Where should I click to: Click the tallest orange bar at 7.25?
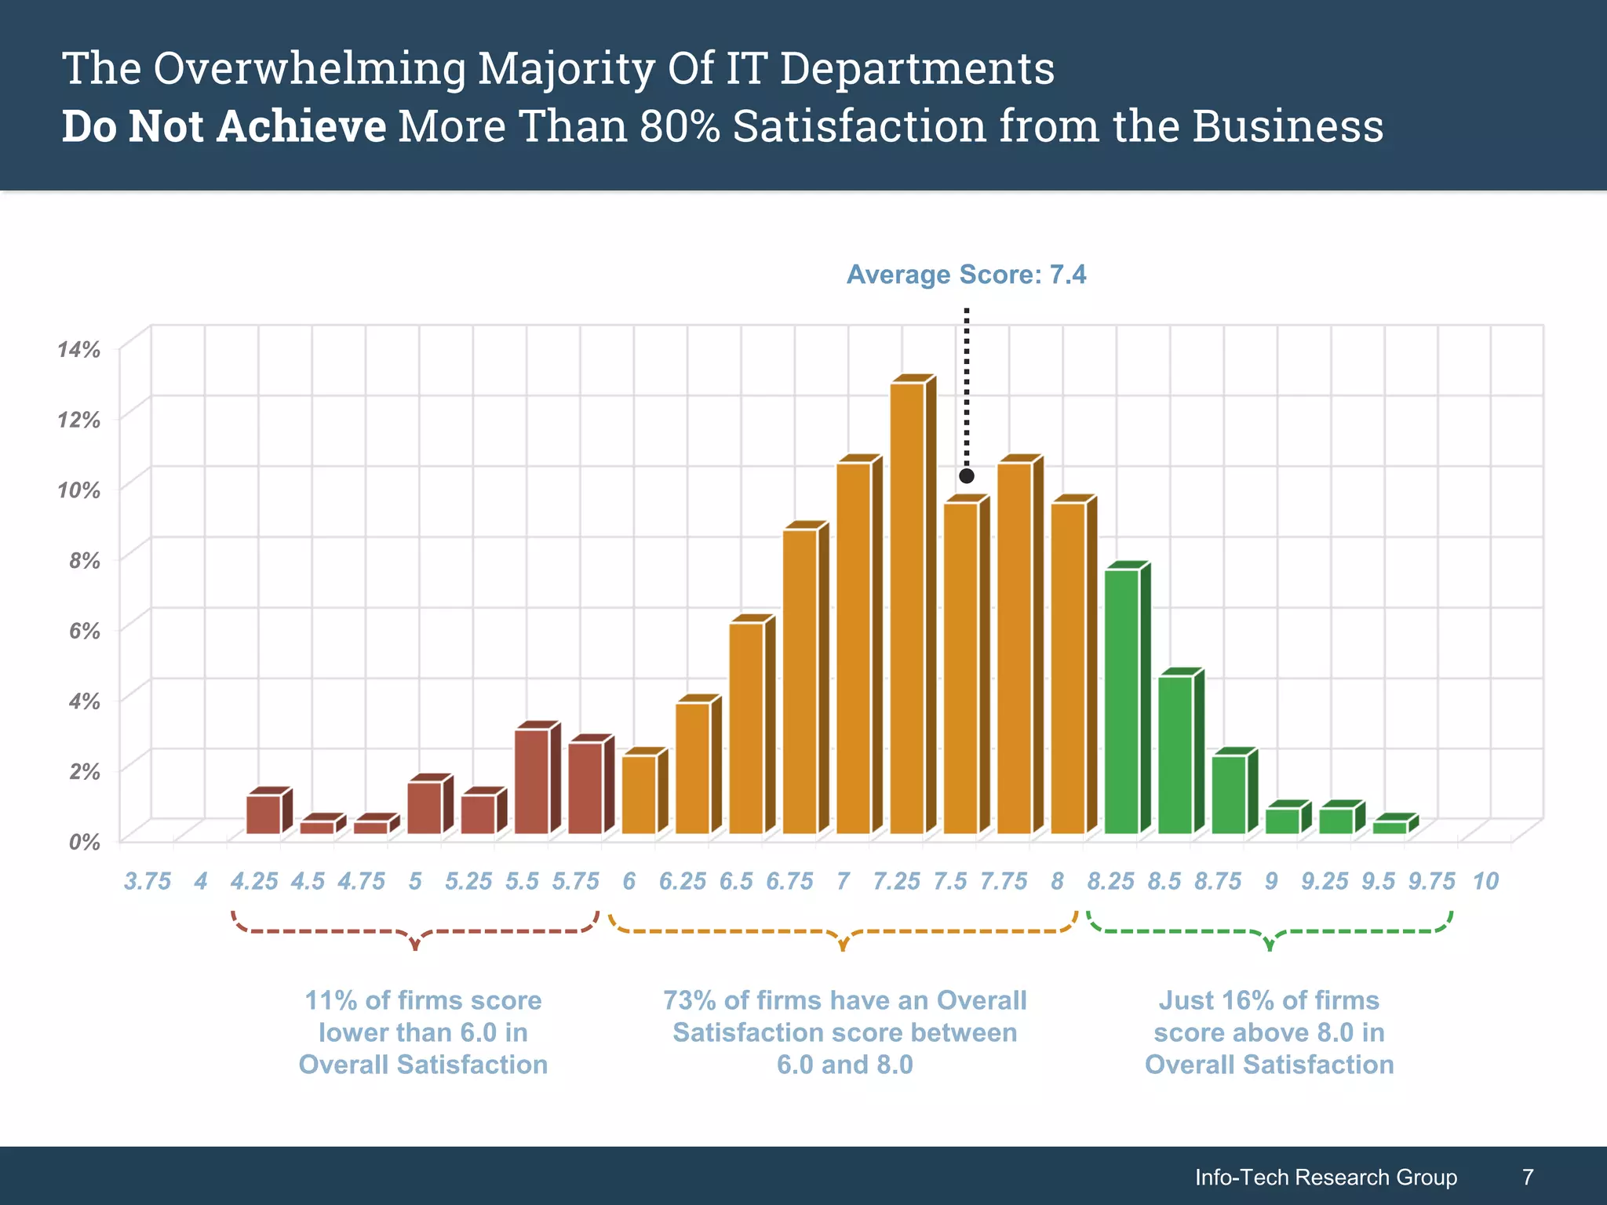(x=908, y=608)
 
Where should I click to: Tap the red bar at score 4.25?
(x=264, y=814)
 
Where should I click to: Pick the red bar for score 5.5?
(x=532, y=781)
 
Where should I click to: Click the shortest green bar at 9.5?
(x=1390, y=827)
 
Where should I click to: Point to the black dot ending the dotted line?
(x=967, y=476)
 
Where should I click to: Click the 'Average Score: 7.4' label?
(x=966, y=275)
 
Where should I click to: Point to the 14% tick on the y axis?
(x=78, y=350)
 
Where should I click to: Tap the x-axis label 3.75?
(x=148, y=882)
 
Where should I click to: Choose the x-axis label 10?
(x=1485, y=882)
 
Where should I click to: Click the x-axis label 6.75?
(x=789, y=882)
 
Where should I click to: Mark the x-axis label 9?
(x=1271, y=882)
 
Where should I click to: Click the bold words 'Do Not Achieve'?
(x=224, y=126)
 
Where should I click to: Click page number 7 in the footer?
(x=1527, y=1178)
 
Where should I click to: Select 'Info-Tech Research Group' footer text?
(x=1326, y=1178)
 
